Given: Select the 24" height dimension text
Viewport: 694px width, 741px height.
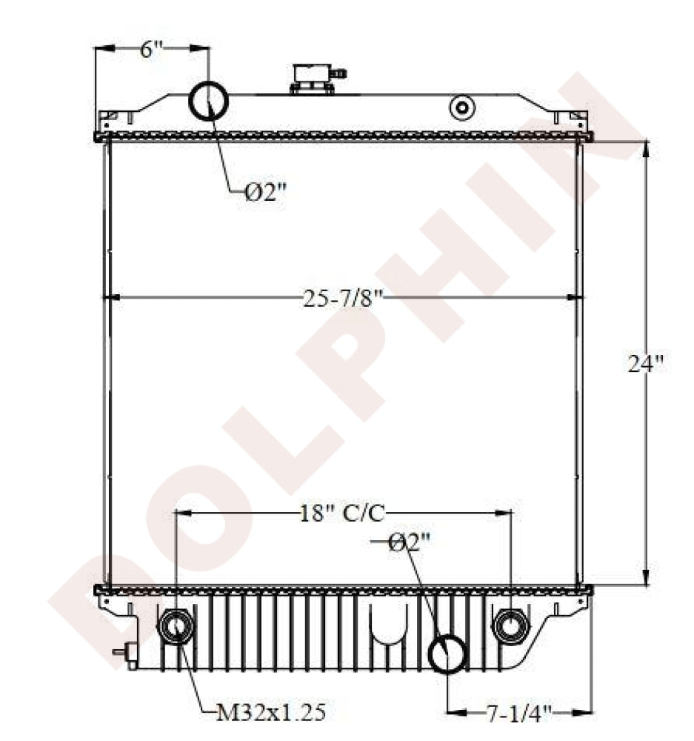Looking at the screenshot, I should coord(644,364).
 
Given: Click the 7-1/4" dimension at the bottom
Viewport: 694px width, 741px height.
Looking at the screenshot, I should coord(520,713).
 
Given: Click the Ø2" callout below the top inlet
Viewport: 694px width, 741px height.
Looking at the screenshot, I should coord(265,192).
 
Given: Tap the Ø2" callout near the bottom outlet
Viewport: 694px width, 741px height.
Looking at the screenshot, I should coord(410,543).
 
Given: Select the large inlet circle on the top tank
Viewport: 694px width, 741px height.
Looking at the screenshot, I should coord(210,102).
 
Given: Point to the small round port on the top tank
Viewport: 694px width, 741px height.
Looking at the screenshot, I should coord(463,108).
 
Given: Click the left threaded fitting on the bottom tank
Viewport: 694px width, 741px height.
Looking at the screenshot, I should coord(177,627).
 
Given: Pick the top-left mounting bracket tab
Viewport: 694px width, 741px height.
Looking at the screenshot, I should coord(110,116).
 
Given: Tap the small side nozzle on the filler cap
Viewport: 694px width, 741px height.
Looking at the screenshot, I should coord(341,73).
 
